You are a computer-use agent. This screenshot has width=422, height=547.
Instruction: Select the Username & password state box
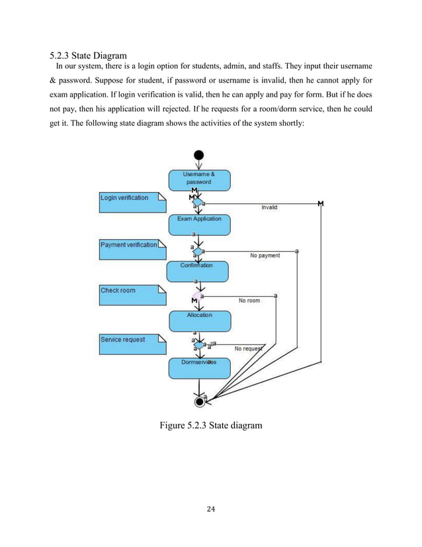point(198,177)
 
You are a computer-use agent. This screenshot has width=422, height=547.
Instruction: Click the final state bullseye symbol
point(199,401)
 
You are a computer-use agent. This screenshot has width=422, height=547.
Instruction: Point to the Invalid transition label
point(269,207)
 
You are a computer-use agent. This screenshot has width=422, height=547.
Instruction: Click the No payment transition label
point(265,255)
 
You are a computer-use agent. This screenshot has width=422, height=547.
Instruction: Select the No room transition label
point(249,300)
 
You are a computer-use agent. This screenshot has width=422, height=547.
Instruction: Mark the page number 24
point(211,509)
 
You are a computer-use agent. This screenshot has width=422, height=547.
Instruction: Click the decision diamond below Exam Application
point(197,251)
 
